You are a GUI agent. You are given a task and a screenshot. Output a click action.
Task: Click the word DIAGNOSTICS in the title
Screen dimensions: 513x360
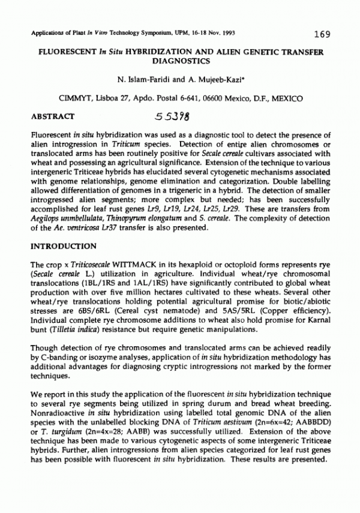click(x=181, y=61)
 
